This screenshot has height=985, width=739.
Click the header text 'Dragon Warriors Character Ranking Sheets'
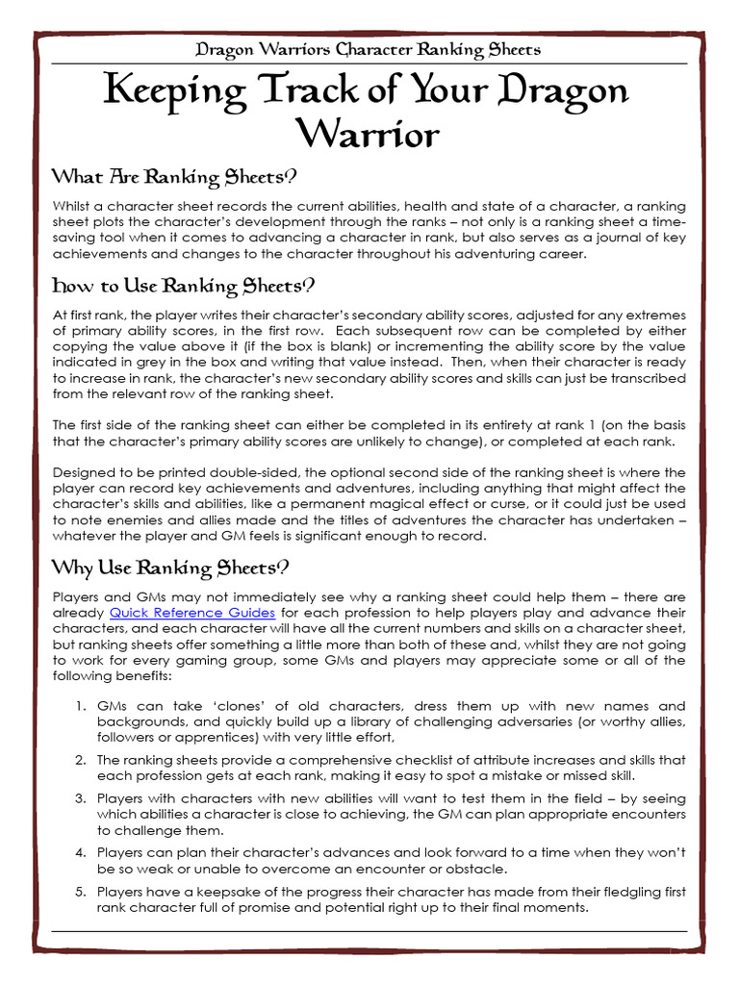[x=369, y=49]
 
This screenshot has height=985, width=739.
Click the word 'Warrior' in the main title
[x=369, y=133]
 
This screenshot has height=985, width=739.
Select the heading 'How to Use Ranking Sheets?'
[x=183, y=286]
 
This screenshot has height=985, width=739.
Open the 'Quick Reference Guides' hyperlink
[x=192, y=613]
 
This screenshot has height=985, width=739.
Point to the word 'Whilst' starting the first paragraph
[x=72, y=207]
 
